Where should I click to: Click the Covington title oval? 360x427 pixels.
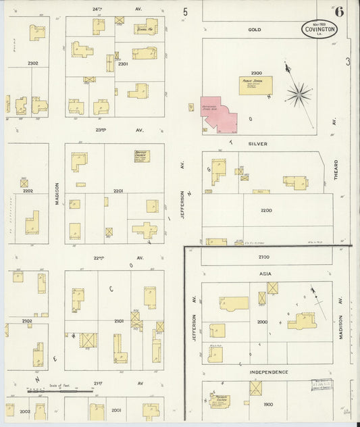(x=317, y=31)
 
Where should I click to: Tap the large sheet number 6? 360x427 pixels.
(x=338, y=11)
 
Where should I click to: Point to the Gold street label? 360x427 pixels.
(x=255, y=30)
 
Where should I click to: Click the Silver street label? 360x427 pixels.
(x=257, y=144)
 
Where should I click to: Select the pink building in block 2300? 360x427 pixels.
(x=218, y=113)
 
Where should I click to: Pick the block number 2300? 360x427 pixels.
(x=256, y=72)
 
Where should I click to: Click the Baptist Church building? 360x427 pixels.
(x=141, y=155)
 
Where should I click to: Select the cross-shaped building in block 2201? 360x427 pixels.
(x=145, y=230)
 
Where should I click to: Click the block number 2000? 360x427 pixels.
(x=263, y=322)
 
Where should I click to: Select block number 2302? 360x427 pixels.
(x=33, y=64)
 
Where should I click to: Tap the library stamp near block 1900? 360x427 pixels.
(x=322, y=384)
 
